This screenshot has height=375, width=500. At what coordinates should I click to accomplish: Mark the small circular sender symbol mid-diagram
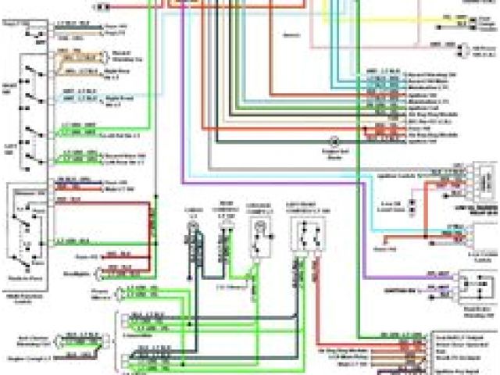tap(334, 143)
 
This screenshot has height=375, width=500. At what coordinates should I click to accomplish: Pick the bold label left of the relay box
tap(441, 287)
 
